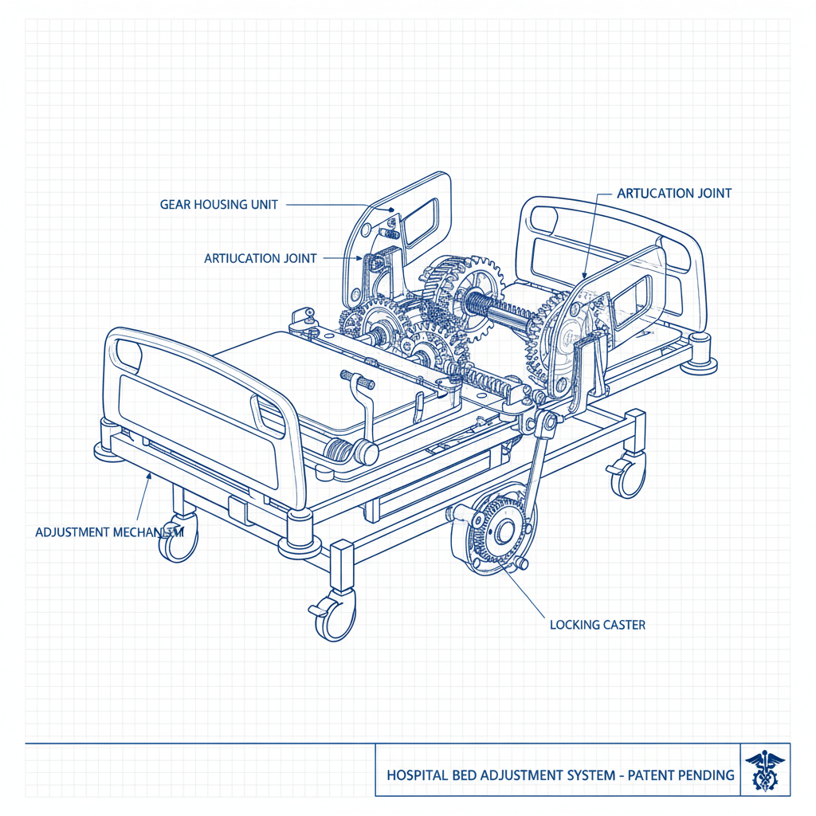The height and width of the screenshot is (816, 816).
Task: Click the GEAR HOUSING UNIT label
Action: [219, 205]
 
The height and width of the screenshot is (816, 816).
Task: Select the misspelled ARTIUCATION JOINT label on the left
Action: [261, 258]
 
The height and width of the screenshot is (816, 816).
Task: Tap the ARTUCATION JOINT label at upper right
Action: [674, 193]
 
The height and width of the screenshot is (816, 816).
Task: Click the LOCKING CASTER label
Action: [598, 625]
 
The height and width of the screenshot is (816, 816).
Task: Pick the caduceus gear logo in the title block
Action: [765, 770]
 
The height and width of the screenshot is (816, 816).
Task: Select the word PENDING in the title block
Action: [704, 775]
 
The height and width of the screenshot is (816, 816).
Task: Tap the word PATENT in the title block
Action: [645, 775]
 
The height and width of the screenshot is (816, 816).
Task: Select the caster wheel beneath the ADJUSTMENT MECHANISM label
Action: [178, 544]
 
